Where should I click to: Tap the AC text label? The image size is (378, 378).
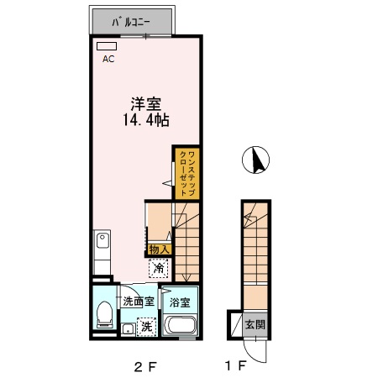[x=108, y=60]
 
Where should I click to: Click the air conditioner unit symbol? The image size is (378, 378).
[x=107, y=47]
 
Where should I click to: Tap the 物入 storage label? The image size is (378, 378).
[x=159, y=249]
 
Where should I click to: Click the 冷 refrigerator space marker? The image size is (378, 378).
[x=160, y=268]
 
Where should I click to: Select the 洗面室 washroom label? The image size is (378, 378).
[x=138, y=302]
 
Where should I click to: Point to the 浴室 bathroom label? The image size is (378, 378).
[x=179, y=302]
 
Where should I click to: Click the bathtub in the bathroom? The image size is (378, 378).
[x=181, y=326]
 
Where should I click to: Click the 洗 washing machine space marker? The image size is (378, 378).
[x=145, y=325]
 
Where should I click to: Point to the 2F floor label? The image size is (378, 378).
[x=144, y=365]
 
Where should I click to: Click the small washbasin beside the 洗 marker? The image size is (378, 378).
[x=127, y=329]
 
